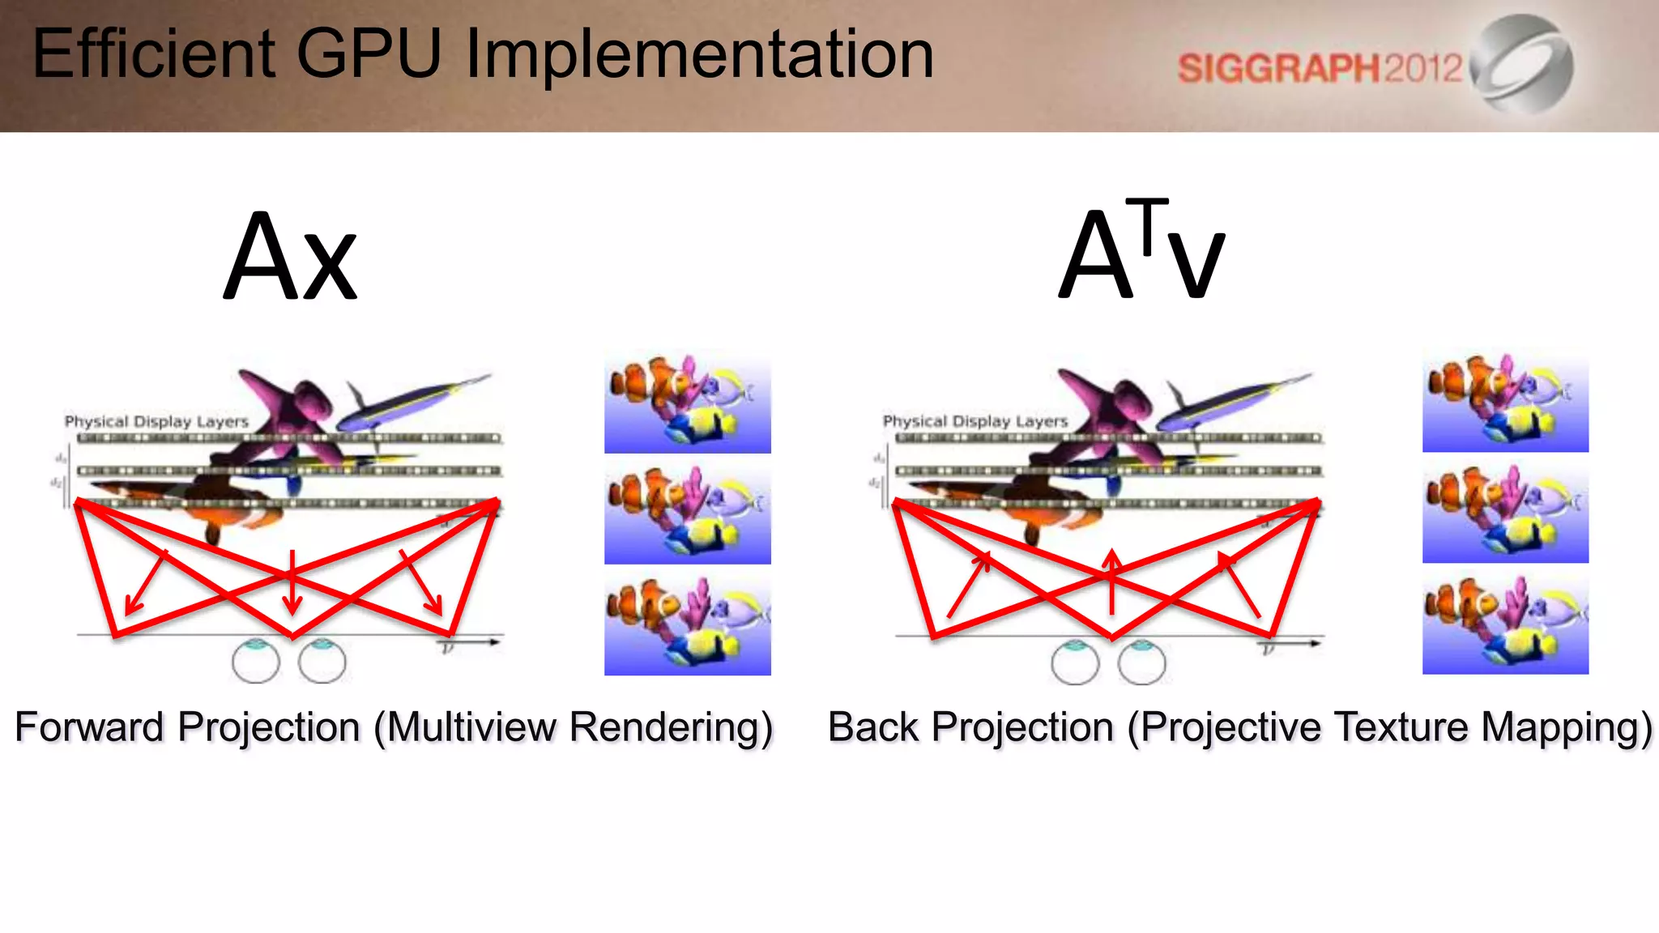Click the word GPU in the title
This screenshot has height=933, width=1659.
[x=369, y=53]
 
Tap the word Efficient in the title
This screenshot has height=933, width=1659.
[x=154, y=53]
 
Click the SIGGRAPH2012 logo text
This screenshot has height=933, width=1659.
[x=1319, y=68]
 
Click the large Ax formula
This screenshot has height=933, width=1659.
[x=290, y=258]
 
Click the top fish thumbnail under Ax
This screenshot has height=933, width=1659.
[x=687, y=402]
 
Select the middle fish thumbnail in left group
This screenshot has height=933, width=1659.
[x=687, y=513]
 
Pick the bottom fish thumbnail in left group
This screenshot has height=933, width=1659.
[x=687, y=625]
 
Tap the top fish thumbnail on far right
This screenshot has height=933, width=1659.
[x=1505, y=402]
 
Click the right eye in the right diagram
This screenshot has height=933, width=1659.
[x=1141, y=662]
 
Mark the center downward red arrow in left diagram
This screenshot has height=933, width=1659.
[x=292, y=583]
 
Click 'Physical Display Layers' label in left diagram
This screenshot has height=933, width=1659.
[x=156, y=421]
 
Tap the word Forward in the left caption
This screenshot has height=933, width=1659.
[x=89, y=726]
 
